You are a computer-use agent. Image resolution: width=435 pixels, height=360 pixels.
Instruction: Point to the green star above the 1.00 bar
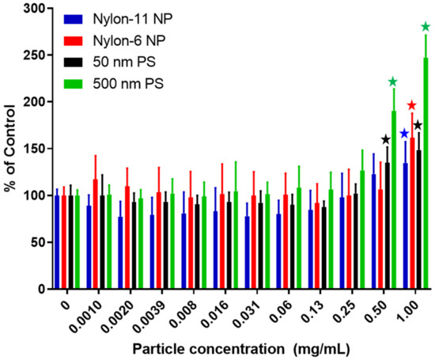(x=426, y=27)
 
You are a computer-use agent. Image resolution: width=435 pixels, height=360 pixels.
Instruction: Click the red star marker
(x=411, y=105)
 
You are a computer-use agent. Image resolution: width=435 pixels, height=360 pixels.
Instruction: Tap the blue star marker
(x=403, y=134)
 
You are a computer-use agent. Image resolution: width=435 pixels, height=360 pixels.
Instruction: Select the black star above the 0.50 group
(x=386, y=139)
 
